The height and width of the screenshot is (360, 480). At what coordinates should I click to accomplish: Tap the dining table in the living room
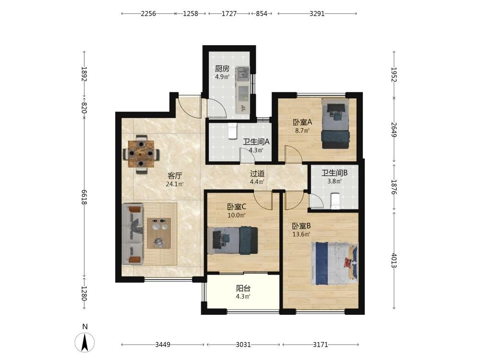141,154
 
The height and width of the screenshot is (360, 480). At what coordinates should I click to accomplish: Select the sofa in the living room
132,234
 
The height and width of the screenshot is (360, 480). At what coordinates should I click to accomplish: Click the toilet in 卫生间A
233,131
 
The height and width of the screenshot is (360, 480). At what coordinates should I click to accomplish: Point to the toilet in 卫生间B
336,201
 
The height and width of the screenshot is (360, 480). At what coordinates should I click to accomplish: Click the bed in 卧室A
335,123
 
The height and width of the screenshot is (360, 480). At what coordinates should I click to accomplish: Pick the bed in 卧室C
233,240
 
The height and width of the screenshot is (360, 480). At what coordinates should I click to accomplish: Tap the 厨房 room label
222,68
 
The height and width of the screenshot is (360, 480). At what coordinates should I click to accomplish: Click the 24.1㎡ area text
175,184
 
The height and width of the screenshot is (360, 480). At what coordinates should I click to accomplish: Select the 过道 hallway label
257,174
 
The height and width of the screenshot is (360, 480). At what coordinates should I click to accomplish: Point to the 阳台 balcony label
243,288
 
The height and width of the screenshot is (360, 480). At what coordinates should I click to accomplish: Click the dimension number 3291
317,13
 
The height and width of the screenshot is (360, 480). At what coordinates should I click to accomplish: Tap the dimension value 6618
84,197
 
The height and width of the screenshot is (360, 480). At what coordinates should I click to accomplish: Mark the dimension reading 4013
394,261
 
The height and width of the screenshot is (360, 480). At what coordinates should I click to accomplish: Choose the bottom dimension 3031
243,345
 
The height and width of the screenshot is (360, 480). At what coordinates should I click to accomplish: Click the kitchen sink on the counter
243,73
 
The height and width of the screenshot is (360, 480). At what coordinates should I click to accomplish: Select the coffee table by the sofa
158,233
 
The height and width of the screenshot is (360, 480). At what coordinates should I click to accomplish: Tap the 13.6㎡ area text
301,234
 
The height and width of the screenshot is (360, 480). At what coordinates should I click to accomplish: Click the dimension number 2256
148,13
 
